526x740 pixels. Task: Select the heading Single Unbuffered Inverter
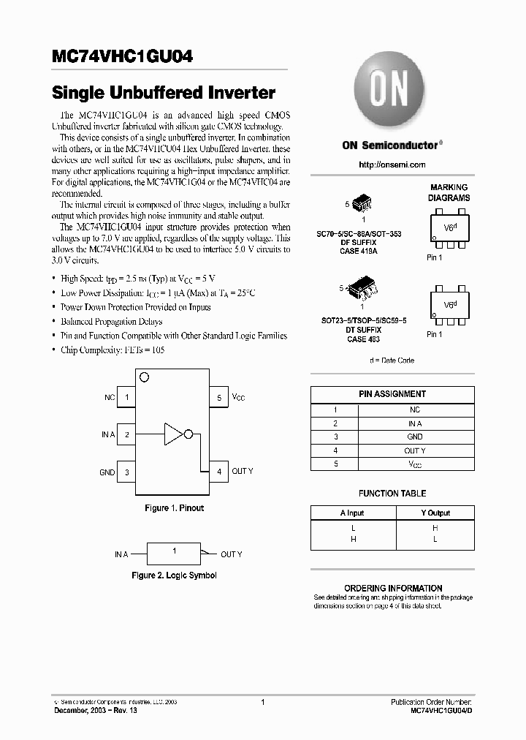tap(164, 93)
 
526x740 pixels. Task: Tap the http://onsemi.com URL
tap(392, 165)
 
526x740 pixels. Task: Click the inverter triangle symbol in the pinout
tap(174, 434)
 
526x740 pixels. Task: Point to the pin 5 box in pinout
tap(218, 398)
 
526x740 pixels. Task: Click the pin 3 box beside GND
tap(127, 472)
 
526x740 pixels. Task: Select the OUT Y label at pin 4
tap(243, 472)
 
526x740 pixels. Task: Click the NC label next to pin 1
tap(110, 398)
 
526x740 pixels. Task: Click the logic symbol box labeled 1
tap(174, 554)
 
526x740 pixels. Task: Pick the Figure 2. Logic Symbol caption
tap(174, 575)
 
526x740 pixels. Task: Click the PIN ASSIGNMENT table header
tap(392, 394)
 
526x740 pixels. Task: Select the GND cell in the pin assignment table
tap(415, 437)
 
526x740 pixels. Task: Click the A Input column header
tap(352, 513)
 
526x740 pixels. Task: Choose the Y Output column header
tap(435, 513)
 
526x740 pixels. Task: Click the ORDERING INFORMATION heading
tap(393, 588)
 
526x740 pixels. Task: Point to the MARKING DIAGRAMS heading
tap(449, 193)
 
